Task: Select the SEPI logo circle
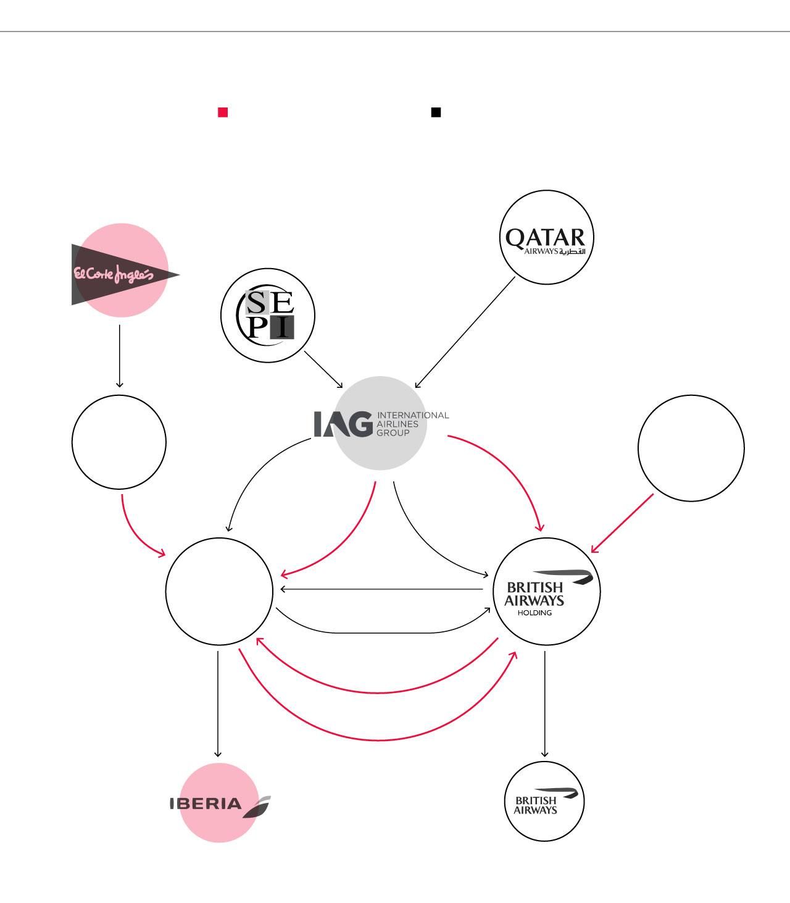point(268,315)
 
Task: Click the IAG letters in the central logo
point(343,424)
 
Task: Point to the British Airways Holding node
point(547,591)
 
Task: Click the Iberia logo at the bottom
point(219,803)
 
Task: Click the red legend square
point(223,112)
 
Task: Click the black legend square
point(436,112)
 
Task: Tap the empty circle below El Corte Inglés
point(119,442)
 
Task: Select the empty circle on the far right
point(691,447)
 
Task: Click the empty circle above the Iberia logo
point(219,591)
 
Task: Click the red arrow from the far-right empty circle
point(622,523)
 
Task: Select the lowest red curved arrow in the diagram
point(378,739)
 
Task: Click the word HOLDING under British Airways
point(534,613)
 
